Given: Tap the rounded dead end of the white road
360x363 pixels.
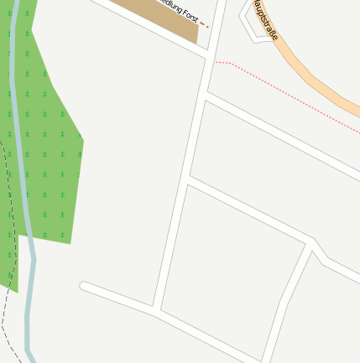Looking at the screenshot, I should pyautogui.click(x=84, y=287).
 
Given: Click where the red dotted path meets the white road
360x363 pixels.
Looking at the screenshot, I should pyautogui.click(x=214, y=62).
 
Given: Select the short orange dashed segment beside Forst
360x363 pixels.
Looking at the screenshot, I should pyautogui.click(x=204, y=25).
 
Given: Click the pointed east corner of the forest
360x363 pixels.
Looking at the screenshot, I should pyautogui.click(x=82, y=141).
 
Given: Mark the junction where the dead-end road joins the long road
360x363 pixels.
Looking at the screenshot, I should pyautogui.click(x=156, y=310).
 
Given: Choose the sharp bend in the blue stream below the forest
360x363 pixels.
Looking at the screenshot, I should pyautogui.click(x=34, y=261).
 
